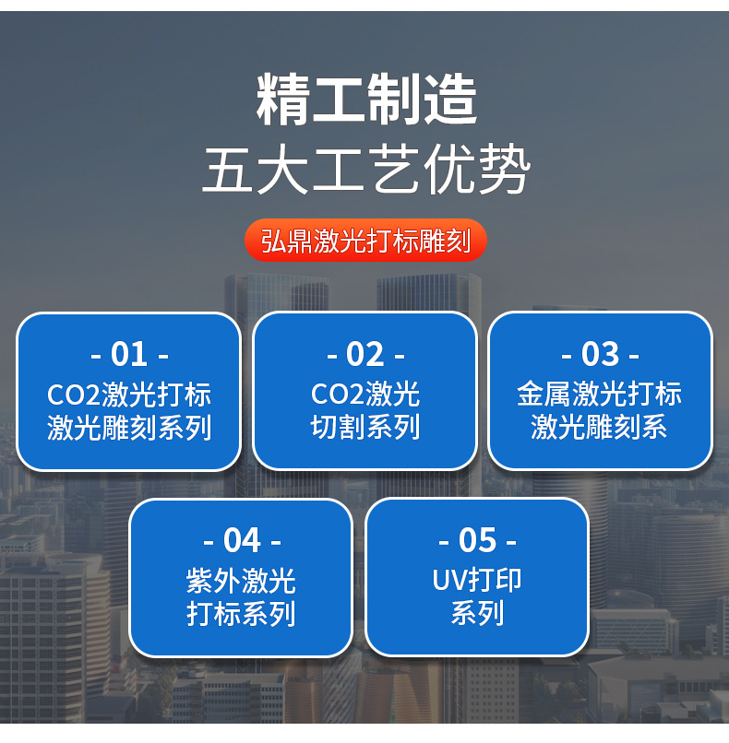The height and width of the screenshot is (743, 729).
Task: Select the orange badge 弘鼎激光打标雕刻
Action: [365, 241]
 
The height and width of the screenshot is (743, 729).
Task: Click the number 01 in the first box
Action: [129, 354]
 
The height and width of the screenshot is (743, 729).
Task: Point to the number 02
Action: [365, 354]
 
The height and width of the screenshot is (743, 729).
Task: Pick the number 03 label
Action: [601, 354]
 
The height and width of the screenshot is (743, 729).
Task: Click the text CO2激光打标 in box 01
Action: [129, 395]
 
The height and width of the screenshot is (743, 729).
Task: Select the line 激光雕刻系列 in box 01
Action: [129, 428]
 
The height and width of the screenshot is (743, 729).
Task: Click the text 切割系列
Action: [365, 428]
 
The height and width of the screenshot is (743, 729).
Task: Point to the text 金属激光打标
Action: [600, 395]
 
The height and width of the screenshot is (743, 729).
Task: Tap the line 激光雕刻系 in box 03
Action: [600, 428]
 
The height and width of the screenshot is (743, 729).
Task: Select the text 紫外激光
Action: [242, 581]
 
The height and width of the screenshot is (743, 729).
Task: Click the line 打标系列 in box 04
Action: [242, 614]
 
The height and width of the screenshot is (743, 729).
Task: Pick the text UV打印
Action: [477, 581]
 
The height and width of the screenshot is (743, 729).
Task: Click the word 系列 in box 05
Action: [477, 614]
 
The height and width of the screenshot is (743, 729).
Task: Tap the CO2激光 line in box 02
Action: [365, 395]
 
